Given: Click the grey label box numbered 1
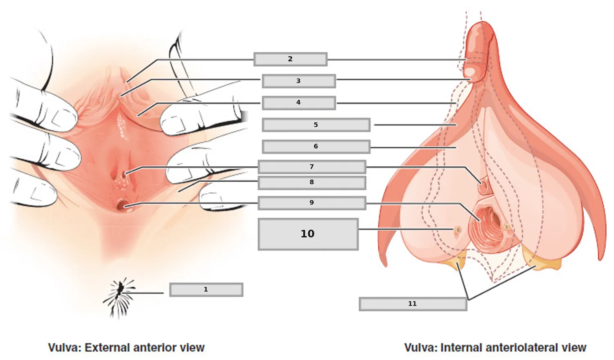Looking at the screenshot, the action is coord(206,290).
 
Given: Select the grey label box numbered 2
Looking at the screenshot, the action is coord(290,59).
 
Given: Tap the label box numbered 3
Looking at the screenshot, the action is coord(299,81).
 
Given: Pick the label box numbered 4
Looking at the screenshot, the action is coord(299,103).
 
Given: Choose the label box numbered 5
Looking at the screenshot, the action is coord(316,125).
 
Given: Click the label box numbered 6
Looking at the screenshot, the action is coord(316,147).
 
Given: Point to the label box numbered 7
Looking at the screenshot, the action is coord(312,167).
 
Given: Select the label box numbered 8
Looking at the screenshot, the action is coord(312,183).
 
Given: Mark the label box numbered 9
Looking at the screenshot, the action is coord(312,203).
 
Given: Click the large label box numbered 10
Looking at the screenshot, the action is coord(308,234).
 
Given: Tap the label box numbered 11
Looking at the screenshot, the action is coord(413,304).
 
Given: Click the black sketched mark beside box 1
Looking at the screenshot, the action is coord(120,297).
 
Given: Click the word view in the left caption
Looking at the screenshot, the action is coord(192,348).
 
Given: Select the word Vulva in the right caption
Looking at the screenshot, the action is coord(421,348).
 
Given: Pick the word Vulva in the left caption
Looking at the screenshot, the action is coord(65,348).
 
